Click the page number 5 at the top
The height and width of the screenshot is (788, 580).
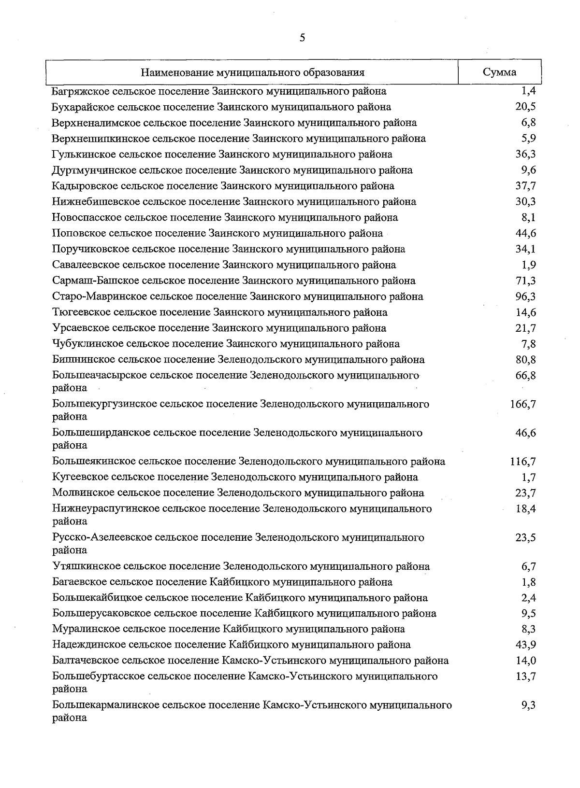tap(302, 38)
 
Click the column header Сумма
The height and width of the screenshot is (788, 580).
tap(499, 72)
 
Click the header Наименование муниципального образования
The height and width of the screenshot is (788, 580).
tap(253, 73)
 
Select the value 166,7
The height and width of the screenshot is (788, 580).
tap(522, 404)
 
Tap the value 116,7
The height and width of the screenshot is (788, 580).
tap(522, 462)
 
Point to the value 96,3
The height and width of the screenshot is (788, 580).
tap(525, 296)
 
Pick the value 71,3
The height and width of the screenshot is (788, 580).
tap(525, 281)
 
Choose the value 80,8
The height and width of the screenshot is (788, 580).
tap(525, 360)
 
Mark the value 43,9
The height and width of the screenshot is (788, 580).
tap(525, 645)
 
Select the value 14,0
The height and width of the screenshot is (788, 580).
tap(525, 661)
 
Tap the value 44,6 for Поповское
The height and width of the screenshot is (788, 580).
tap(525, 233)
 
